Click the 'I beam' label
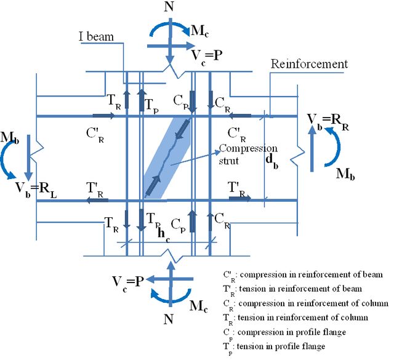(96, 36)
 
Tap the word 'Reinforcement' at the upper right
(309, 64)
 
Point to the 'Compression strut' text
(248, 154)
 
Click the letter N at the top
(169, 7)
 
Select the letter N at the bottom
(168, 319)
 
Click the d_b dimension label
(272, 161)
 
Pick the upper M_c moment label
(199, 31)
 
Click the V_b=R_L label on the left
(36, 190)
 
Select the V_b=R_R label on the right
(328, 122)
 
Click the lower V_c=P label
(128, 284)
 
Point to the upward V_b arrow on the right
(312, 149)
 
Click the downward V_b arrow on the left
(28, 158)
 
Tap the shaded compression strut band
(167, 158)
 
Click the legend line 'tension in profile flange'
(274, 348)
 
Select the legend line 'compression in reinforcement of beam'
(303, 276)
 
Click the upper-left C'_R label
(95, 135)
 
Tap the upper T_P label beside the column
(152, 106)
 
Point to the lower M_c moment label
(199, 306)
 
